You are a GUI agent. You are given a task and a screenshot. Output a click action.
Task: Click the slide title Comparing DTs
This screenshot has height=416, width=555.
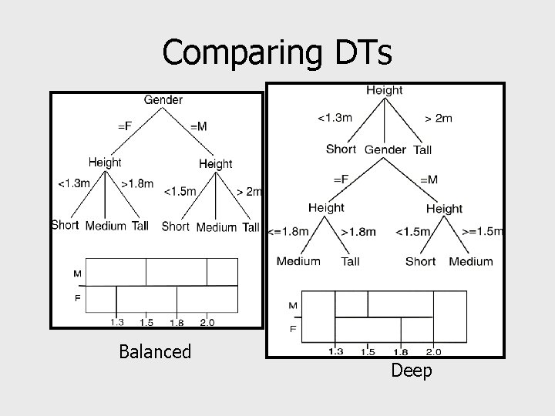coord(277,52)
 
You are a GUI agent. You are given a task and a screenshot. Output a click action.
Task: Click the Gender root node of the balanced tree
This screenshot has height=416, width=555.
coord(163,100)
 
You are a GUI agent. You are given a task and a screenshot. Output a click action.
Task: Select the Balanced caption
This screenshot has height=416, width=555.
coord(155,352)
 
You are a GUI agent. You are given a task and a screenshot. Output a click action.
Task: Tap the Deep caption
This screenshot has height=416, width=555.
coord(412,371)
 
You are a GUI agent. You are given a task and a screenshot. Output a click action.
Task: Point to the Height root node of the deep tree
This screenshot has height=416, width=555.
coord(385,90)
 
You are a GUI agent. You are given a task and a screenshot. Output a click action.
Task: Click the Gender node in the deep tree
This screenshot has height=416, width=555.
coord(385,149)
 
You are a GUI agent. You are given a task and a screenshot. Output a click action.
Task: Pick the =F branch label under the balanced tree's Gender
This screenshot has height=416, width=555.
coord(123,126)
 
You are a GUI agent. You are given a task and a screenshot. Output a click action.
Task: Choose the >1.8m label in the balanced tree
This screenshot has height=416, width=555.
coord(137,184)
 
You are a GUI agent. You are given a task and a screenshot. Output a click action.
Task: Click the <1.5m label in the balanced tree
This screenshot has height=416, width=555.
coord(180,191)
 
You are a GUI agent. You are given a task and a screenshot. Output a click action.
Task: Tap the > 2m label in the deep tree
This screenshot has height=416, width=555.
coord(439,118)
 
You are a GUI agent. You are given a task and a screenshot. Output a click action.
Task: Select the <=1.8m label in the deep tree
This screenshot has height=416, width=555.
coord(288,231)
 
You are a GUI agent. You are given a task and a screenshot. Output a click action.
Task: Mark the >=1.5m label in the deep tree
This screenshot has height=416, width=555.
coord(483,231)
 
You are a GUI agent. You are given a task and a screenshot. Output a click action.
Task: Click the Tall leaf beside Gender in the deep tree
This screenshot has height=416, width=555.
coord(422,149)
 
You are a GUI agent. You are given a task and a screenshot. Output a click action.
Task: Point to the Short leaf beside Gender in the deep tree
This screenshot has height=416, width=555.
coord(341,149)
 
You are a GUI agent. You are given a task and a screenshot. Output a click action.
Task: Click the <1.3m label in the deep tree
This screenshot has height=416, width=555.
coord(335,118)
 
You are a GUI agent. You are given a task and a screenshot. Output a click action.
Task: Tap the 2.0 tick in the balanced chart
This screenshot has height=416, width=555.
coord(207,323)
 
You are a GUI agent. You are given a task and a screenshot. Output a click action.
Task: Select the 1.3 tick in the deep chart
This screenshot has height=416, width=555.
coord(336,352)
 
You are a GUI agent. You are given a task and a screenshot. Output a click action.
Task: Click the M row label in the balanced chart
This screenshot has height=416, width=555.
coord(78,273)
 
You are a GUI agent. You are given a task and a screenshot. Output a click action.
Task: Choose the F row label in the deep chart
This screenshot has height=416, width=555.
coord(292,329)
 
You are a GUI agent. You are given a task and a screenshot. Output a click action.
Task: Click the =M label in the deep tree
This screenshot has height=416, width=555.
coord(429,179)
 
